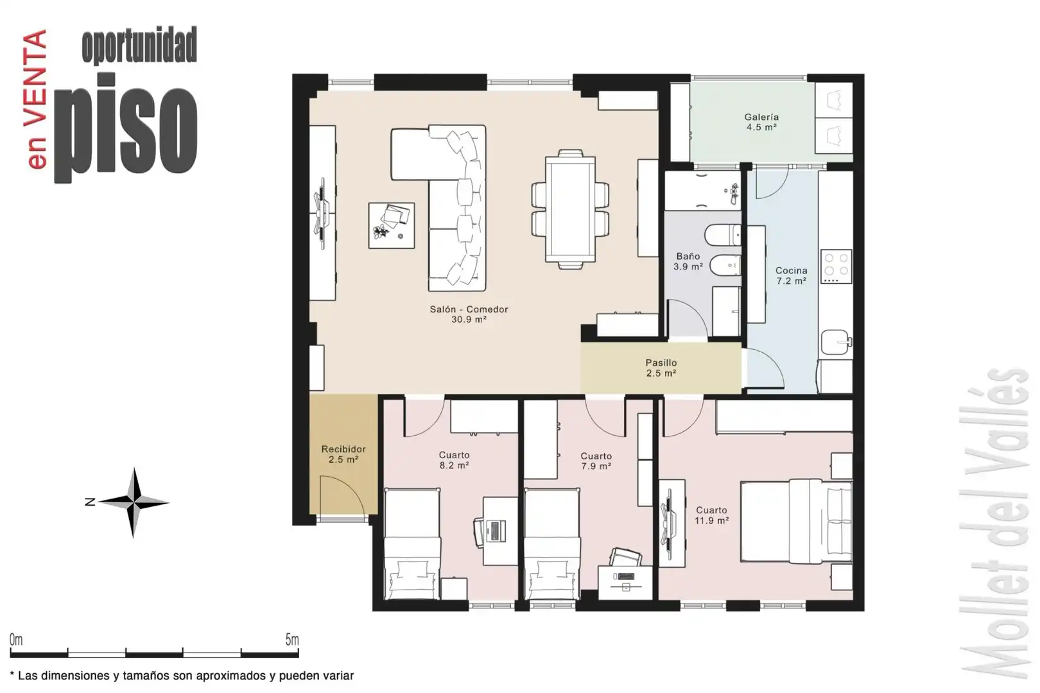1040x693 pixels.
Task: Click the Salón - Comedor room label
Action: click(x=469, y=314)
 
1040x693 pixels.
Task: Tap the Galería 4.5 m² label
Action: click(x=761, y=122)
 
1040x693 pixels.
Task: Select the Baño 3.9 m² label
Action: click(x=688, y=261)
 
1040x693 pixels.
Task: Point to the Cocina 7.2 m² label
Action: click(x=791, y=275)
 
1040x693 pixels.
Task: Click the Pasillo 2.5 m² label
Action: click(x=661, y=368)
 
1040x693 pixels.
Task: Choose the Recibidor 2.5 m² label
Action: click(x=343, y=454)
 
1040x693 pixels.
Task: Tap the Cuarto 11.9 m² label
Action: click(x=711, y=515)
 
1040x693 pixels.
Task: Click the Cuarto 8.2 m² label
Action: click(x=454, y=460)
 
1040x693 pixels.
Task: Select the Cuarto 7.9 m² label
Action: click(x=596, y=461)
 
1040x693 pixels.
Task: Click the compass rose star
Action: click(x=134, y=502)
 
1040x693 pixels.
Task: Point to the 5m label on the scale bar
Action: click(x=292, y=639)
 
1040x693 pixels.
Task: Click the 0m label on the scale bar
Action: click(x=16, y=640)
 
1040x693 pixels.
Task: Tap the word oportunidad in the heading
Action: click(x=139, y=45)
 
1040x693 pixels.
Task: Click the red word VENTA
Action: click(x=35, y=79)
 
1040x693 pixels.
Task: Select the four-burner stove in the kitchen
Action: click(x=836, y=266)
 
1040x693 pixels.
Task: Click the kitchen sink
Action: click(x=836, y=342)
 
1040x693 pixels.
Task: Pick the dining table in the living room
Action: click(x=571, y=209)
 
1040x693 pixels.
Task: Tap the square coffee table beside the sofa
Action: click(x=392, y=225)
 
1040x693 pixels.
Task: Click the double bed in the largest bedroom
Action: click(x=796, y=522)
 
